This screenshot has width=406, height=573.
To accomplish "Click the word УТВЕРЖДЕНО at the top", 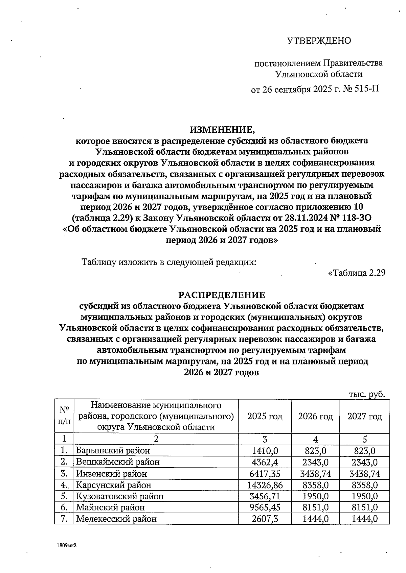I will (319, 41).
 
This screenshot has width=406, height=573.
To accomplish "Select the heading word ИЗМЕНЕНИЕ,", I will (222, 129).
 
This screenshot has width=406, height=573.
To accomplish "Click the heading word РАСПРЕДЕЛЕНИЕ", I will (222, 295).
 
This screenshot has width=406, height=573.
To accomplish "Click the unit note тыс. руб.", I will (367, 394).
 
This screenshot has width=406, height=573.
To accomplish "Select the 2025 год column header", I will (265, 416).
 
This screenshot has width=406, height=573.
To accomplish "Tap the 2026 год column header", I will (315, 416).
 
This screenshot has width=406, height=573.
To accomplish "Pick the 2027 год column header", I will (364, 416).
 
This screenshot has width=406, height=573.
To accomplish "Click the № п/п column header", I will (64, 416).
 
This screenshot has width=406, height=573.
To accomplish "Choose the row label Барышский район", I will (113, 450).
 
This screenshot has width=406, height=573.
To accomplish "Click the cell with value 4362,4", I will (265, 462).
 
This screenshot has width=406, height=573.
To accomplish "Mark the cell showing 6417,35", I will (265, 473).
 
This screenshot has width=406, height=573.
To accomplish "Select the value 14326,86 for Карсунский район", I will (265, 485).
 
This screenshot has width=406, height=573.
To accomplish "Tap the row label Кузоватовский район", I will (119, 496).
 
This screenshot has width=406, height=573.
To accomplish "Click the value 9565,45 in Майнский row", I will (265, 507).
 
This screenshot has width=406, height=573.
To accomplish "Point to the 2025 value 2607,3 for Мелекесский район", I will (265, 519).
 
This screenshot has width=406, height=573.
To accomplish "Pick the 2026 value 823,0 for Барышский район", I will (315, 450).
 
